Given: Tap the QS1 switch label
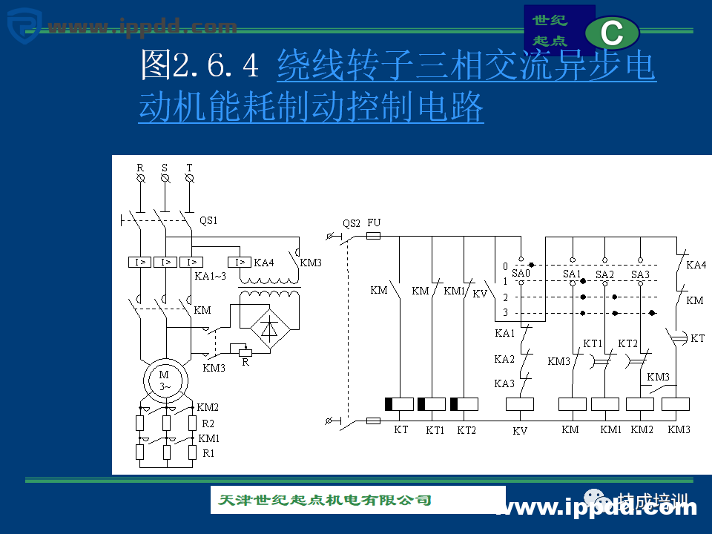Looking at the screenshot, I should [208, 220].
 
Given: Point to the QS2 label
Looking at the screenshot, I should [352, 223].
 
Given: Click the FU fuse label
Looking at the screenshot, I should [374, 223].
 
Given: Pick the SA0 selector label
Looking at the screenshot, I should [521, 274].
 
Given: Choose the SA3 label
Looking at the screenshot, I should [640, 274].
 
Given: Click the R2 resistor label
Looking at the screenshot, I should [208, 423].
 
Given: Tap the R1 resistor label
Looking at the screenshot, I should [208, 452].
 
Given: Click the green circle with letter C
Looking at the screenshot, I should [612, 33].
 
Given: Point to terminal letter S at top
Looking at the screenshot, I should [165, 168].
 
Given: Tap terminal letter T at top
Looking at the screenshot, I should [189, 168].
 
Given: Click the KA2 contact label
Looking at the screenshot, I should [504, 360].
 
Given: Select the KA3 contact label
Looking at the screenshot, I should [504, 383].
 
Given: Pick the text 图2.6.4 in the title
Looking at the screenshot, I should [200, 66].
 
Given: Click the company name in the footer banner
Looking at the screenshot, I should [325, 500].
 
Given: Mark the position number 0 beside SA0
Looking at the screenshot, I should [505, 266].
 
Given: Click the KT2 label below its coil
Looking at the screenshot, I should [467, 430].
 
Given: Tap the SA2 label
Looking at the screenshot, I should [604, 274].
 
